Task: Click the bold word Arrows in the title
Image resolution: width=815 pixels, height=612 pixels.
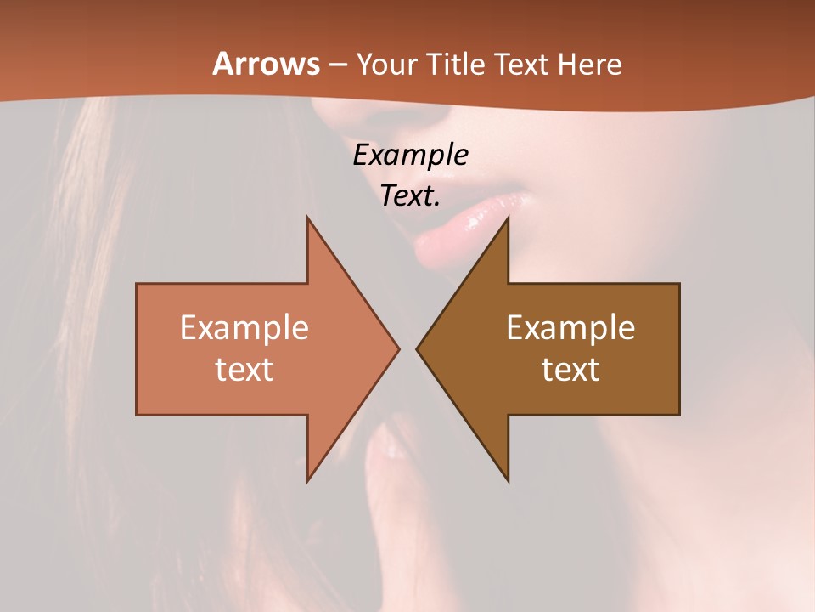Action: [267, 64]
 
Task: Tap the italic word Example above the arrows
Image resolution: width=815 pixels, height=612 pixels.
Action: [410, 156]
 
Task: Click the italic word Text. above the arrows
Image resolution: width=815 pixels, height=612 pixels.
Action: [410, 196]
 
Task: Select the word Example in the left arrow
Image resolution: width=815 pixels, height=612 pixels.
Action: [244, 328]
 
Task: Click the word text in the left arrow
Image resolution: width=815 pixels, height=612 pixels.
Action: [244, 369]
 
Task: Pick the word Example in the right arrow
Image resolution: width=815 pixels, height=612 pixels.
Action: [570, 328]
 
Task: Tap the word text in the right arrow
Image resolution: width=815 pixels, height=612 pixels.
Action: [570, 369]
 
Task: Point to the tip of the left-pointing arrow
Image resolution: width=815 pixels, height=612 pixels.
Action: [418, 348]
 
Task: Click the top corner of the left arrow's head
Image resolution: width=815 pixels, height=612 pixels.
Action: [307, 218]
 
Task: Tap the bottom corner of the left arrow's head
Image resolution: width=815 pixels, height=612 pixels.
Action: [307, 480]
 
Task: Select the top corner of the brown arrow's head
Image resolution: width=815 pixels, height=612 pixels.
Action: [508, 218]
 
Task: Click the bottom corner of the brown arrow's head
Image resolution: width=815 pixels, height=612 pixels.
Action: [508, 480]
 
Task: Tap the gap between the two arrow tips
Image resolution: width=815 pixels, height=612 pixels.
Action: [407, 348]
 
